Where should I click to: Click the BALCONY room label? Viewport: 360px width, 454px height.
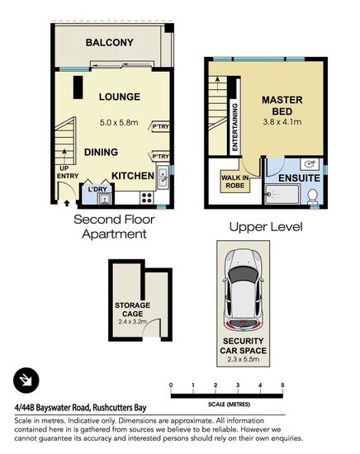tap(110, 43)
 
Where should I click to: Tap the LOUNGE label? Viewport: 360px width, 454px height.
tap(120, 97)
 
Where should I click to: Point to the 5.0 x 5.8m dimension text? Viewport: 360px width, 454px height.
tap(119, 122)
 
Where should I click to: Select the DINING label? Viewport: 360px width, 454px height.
tap(101, 152)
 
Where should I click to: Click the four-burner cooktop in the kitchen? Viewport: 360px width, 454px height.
tap(147, 198)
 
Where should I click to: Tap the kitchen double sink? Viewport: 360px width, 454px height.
tap(163, 177)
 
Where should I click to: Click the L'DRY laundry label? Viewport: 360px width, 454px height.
tap(97, 189)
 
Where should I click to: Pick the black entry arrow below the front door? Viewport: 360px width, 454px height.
tap(67, 203)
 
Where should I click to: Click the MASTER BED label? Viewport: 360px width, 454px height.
tap(282, 106)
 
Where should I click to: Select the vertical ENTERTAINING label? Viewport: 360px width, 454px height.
tap(234, 127)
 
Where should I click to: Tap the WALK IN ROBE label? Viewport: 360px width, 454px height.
tap(234, 182)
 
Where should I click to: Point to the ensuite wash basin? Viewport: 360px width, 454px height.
tap(310, 164)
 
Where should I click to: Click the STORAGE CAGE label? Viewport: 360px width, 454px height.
tap(132, 310)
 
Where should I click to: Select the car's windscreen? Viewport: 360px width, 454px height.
tap(244, 276)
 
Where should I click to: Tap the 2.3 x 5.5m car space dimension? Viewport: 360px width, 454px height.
tap(244, 359)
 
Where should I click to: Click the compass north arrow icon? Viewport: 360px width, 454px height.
tap(26, 381)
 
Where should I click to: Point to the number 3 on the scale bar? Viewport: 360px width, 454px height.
tap(238, 385)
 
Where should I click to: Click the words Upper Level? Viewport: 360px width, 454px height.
tap(266, 227)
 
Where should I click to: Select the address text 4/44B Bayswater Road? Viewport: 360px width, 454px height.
tap(52, 408)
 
